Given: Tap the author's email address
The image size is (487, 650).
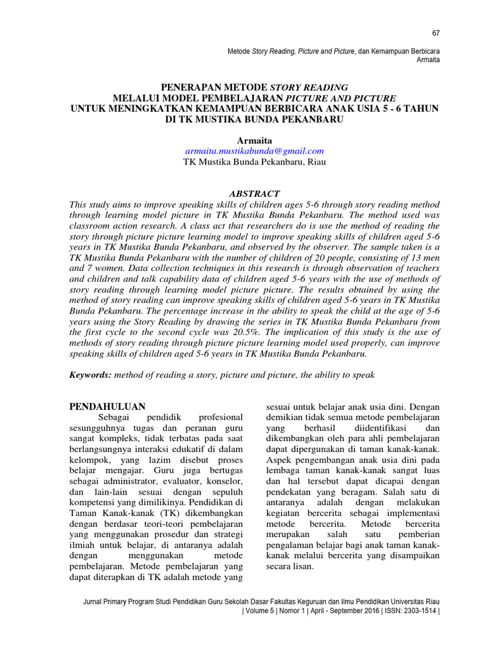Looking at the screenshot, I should coord(254,150).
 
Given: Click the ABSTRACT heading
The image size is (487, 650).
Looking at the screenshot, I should coord(254,193).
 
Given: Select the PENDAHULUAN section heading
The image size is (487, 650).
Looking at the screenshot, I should coord(107,406).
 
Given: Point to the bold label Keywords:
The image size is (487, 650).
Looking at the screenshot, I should coord(91,375).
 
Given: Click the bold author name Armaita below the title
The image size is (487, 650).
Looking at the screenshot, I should coord(254,139).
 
